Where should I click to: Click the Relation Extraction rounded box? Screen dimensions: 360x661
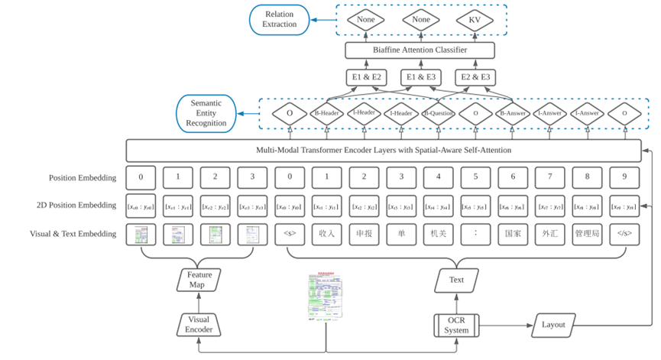(x=280, y=19)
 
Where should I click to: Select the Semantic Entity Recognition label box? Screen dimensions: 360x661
(x=206, y=112)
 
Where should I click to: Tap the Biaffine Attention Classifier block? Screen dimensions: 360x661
(x=420, y=50)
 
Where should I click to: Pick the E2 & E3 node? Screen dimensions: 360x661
(x=475, y=77)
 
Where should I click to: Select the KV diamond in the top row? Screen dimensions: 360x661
(x=475, y=20)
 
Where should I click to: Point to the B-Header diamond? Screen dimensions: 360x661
(x=327, y=113)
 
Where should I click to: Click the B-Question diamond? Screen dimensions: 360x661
(x=439, y=113)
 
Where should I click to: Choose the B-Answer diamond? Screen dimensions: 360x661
(x=513, y=113)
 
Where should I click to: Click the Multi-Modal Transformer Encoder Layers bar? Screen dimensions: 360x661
(x=383, y=150)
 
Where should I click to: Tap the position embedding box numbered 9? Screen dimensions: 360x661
(x=624, y=177)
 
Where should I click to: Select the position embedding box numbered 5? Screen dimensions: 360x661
(x=475, y=177)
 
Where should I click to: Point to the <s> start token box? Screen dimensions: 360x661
(x=290, y=234)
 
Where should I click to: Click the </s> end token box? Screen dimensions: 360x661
(x=624, y=234)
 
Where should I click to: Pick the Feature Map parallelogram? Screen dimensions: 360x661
(x=199, y=280)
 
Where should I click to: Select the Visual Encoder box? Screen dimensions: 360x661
(x=199, y=324)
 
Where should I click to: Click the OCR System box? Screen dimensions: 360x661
(x=456, y=324)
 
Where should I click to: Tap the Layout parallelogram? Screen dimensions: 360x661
(x=553, y=324)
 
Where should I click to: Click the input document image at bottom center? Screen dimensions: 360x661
(x=326, y=296)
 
